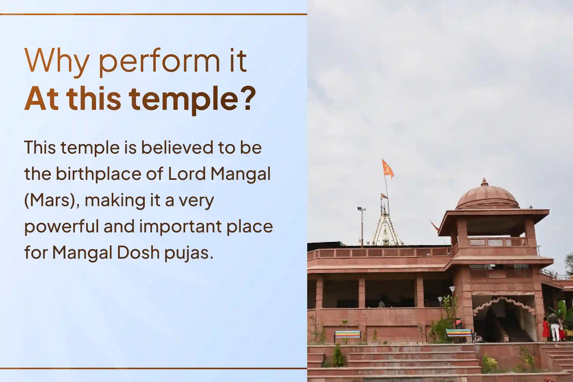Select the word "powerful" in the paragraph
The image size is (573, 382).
point(61,227)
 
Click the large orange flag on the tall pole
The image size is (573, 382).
point(388,169)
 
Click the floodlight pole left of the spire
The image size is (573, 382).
point(361,225)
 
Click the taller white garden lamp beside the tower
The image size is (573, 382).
point(452,294)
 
